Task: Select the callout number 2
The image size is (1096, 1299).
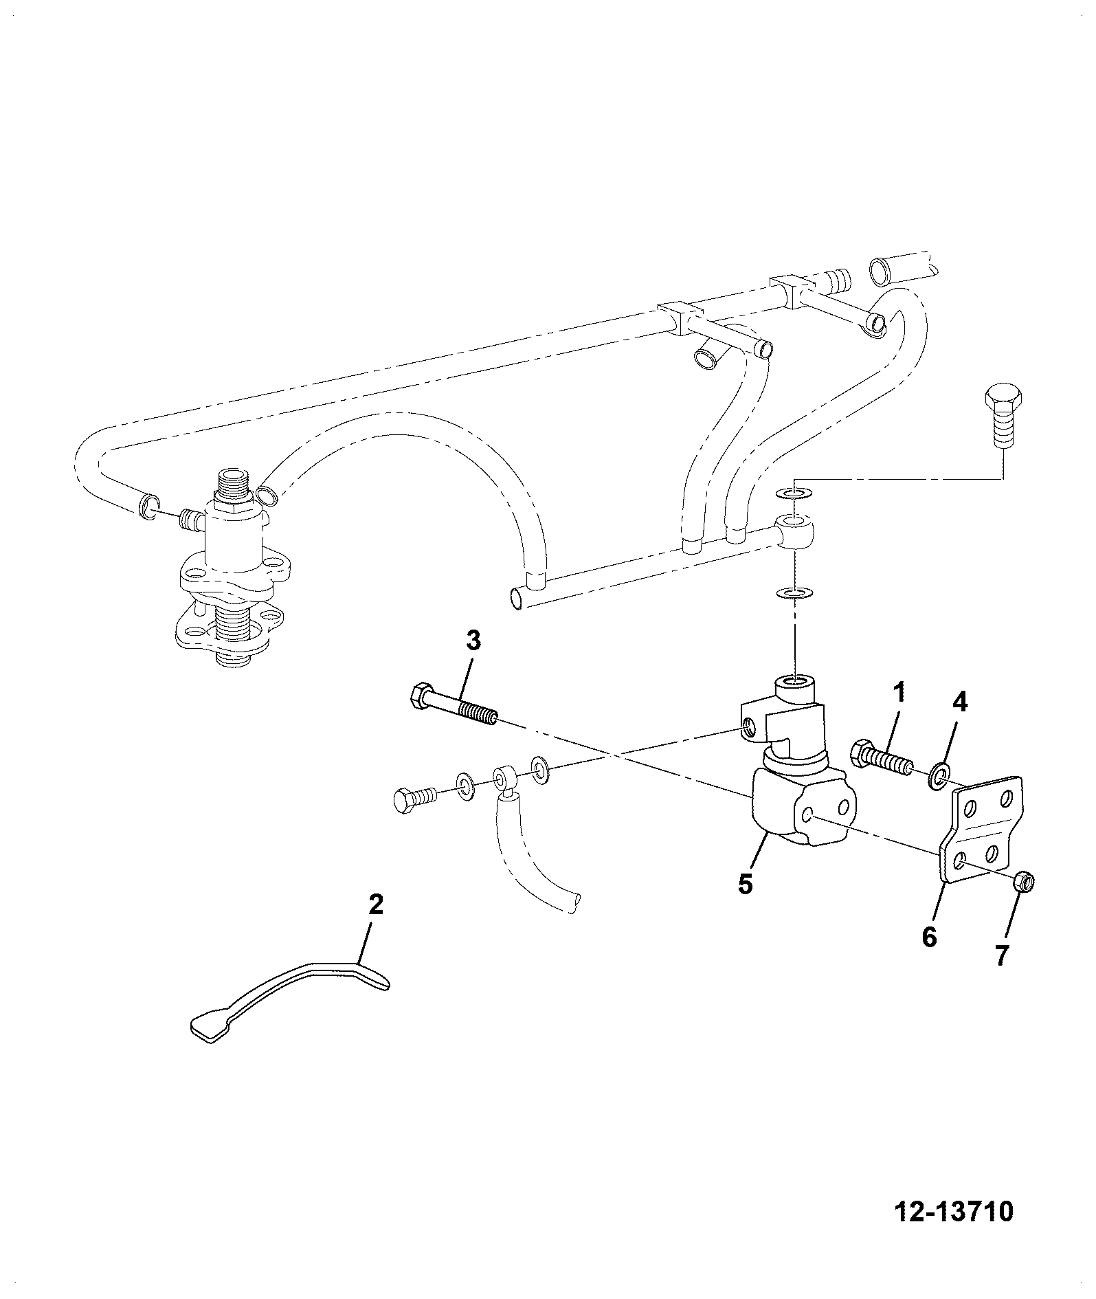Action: tap(375, 905)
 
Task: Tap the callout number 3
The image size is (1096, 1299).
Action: tap(473, 641)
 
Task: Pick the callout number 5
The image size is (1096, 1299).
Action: tap(746, 883)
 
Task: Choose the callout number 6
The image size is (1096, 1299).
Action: tap(930, 936)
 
